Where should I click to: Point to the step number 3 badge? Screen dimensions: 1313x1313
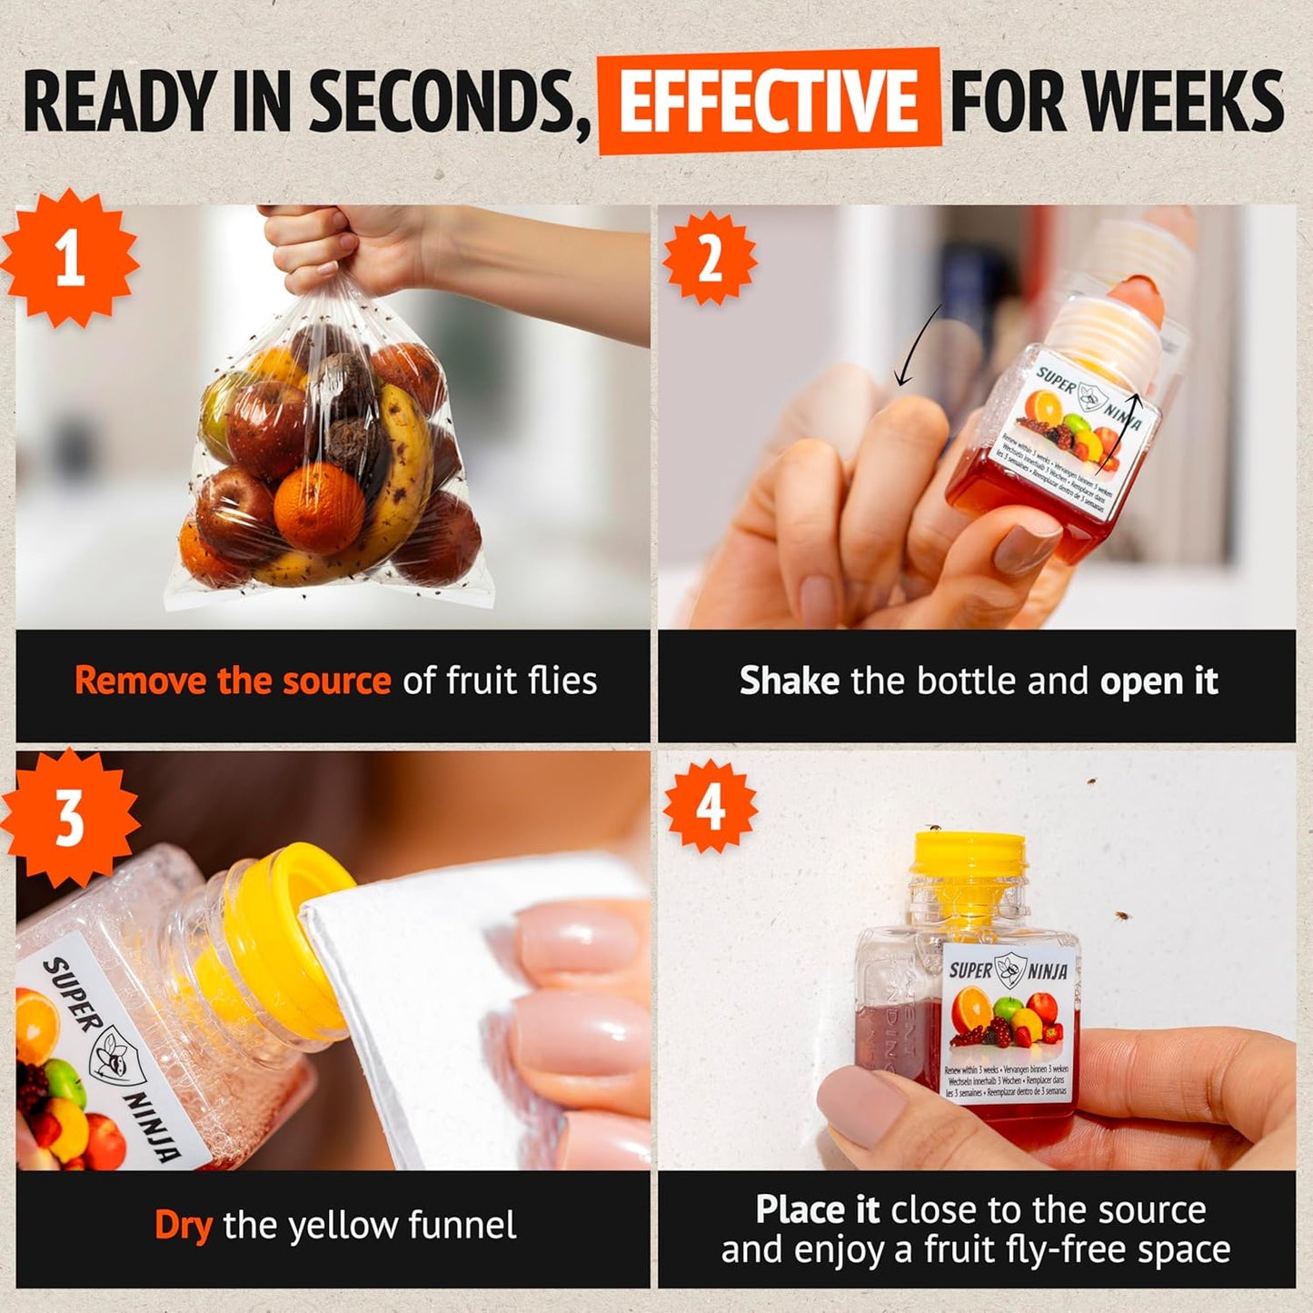pos(70,815)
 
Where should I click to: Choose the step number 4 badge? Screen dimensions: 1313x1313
pos(710,807)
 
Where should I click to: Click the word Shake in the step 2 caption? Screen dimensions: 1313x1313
pos(789,681)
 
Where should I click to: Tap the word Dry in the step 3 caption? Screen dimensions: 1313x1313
pos(184,1225)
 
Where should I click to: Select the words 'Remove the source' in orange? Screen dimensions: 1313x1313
pos(233,681)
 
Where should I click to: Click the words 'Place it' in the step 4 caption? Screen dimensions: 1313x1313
pos(817,1210)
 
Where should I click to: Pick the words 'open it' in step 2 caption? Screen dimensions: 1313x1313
pos(1159,681)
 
